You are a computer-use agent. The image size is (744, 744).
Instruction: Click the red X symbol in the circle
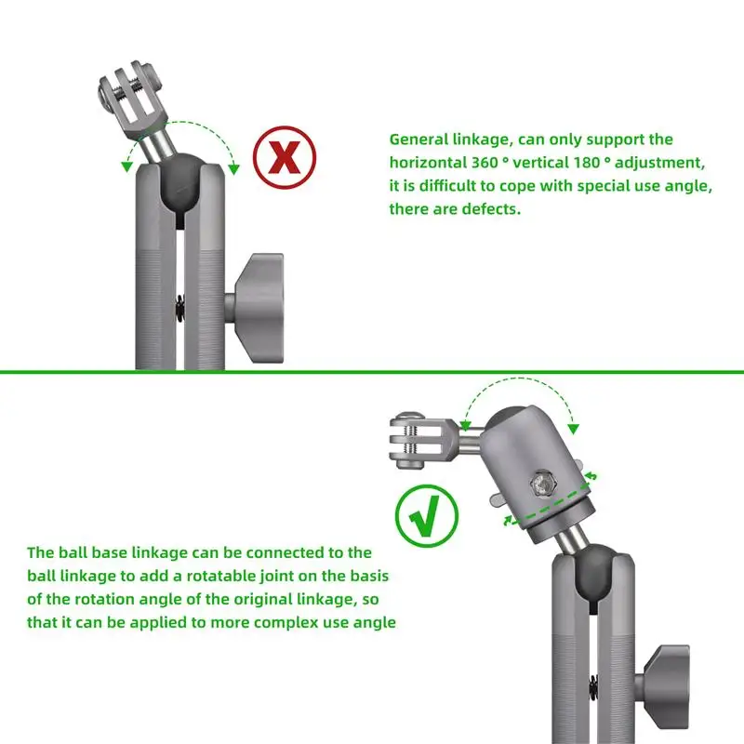pos(285,157)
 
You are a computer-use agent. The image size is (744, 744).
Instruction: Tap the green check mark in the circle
pos(427,516)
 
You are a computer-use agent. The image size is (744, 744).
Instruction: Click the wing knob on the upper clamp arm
pos(256,309)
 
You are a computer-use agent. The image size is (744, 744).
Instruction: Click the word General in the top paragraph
pos(418,139)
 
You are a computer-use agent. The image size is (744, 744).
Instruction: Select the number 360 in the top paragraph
pos(485,162)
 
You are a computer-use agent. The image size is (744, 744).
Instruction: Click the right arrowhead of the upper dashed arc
pos(233,169)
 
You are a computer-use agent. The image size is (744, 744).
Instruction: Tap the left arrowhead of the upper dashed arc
pos(126,166)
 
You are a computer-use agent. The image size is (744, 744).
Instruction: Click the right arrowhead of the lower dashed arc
pos(574,429)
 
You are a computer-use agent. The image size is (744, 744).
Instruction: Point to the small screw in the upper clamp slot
pos(179,308)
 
